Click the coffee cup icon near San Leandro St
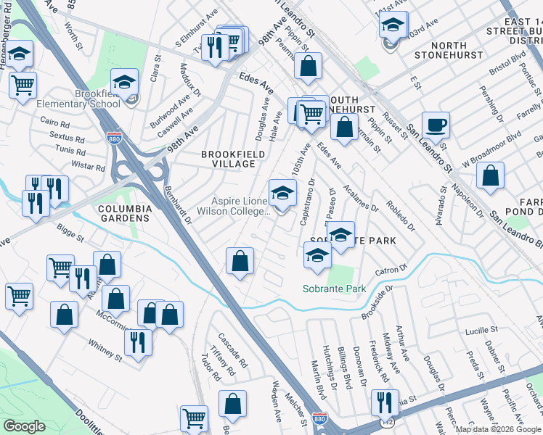[x=436, y=125]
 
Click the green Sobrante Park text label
[x=334, y=289]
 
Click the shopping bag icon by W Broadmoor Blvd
[x=491, y=176]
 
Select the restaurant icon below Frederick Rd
[x=385, y=402]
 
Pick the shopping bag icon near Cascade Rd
[x=232, y=405]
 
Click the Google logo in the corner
[x=25, y=426]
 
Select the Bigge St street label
[x=71, y=232]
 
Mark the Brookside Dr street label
[x=375, y=301]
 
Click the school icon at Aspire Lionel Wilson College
[x=282, y=193]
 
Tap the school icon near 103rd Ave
[x=392, y=25]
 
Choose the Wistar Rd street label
[x=70, y=165]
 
